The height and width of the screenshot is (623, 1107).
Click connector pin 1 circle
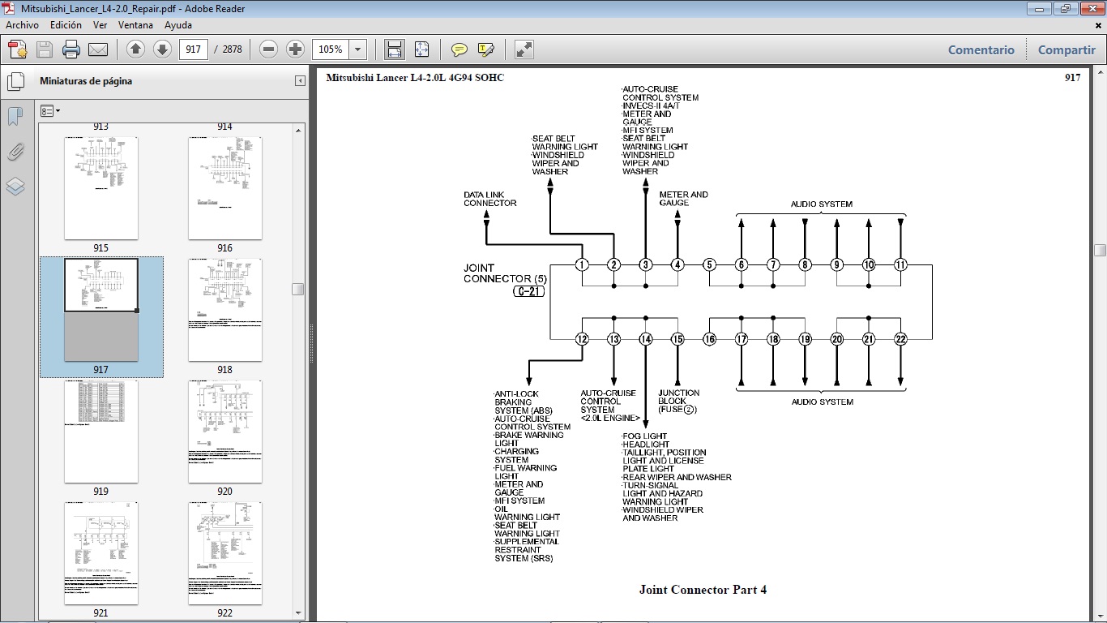(x=582, y=264)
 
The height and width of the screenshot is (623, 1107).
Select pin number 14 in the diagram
(x=646, y=339)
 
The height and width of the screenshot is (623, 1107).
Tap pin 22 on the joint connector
(x=900, y=339)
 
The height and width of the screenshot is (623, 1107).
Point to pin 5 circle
(x=709, y=264)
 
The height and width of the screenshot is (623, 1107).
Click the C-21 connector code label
(x=528, y=291)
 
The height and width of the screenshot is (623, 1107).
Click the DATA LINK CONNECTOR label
(x=489, y=199)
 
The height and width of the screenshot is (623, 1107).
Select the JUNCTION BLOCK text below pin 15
(x=679, y=402)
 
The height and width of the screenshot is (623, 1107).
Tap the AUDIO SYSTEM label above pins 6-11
(x=822, y=204)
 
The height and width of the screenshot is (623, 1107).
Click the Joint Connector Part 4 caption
(x=703, y=590)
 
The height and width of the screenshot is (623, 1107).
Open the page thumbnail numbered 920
(x=224, y=432)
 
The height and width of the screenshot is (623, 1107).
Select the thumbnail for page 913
(x=100, y=127)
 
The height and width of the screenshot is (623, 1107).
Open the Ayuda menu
(x=178, y=25)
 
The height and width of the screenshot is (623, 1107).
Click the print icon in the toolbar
(x=71, y=49)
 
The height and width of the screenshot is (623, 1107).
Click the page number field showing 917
(x=193, y=49)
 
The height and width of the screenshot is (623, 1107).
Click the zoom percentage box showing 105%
(x=331, y=49)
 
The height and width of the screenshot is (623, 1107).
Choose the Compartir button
(x=1066, y=49)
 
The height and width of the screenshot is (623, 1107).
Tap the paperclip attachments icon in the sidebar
(x=15, y=152)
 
